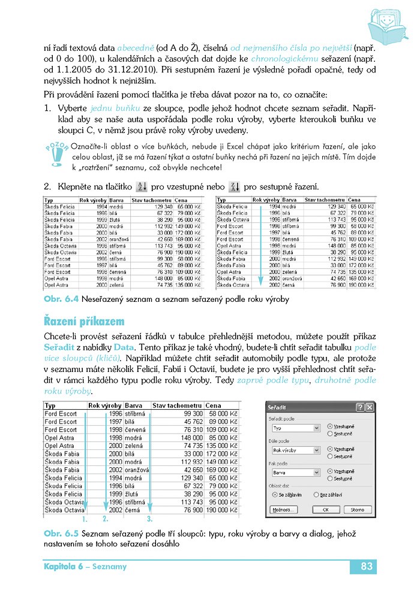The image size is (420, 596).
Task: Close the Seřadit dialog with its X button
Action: tap(369, 407)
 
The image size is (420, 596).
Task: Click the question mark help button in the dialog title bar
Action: tap(360, 407)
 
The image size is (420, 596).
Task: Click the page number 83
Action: tap(367, 567)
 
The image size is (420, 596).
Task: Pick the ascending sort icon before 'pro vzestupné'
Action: tap(142, 186)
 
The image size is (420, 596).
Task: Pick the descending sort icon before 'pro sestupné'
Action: tap(235, 186)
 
